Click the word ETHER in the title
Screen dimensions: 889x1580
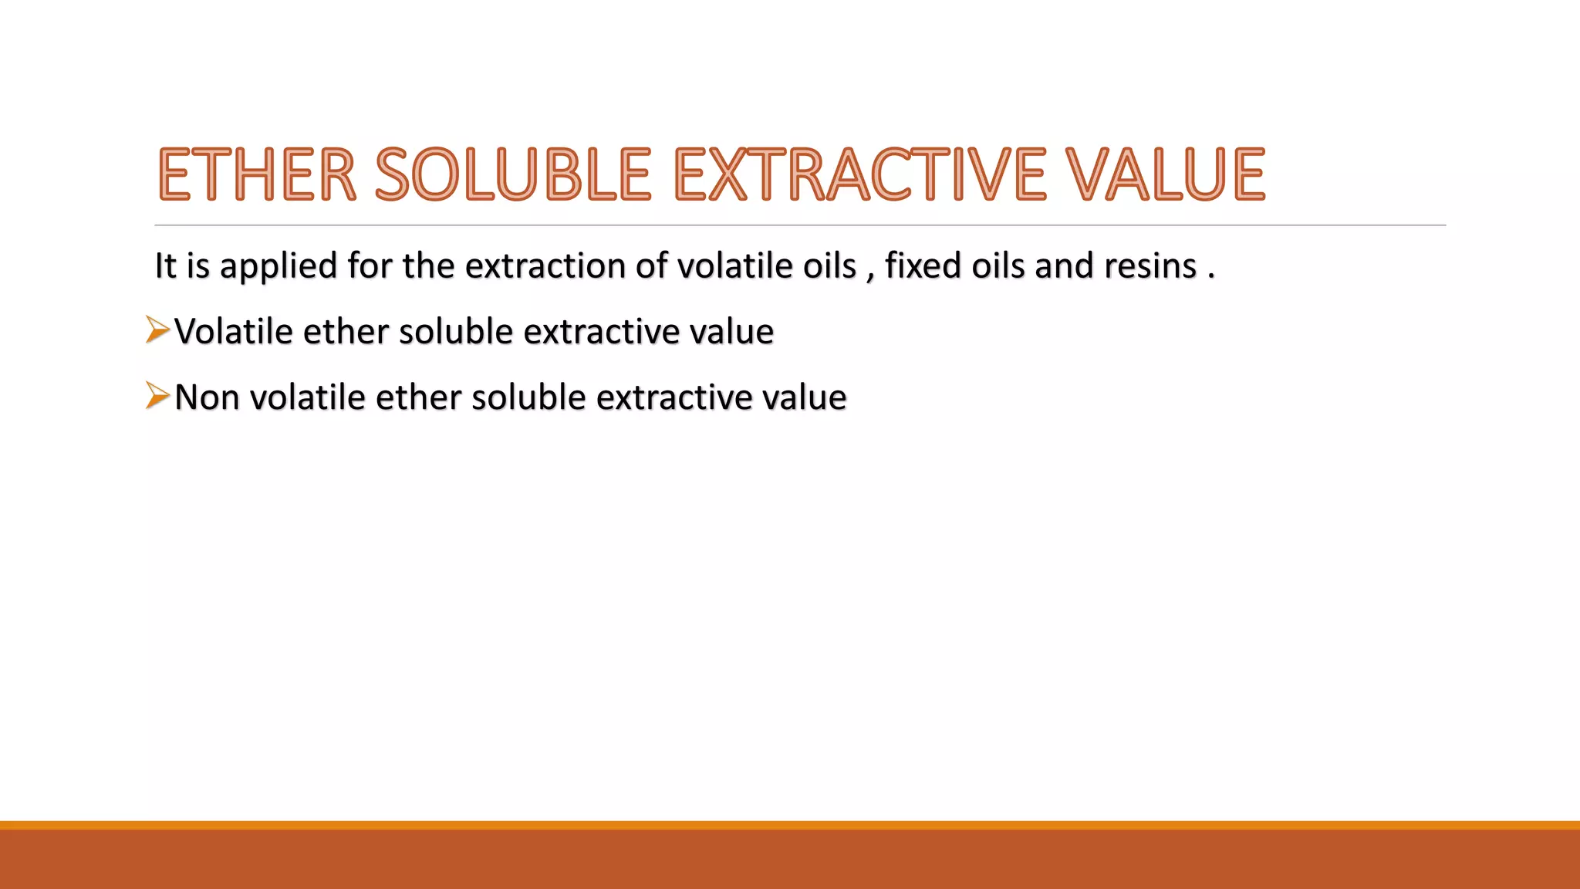(x=257, y=174)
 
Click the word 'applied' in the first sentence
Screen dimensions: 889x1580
(x=279, y=266)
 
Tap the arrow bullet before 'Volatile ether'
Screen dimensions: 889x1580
(x=157, y=330)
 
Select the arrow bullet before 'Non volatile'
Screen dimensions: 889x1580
(x=157, y=396)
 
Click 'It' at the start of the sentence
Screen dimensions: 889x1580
(x=165, y=266)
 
